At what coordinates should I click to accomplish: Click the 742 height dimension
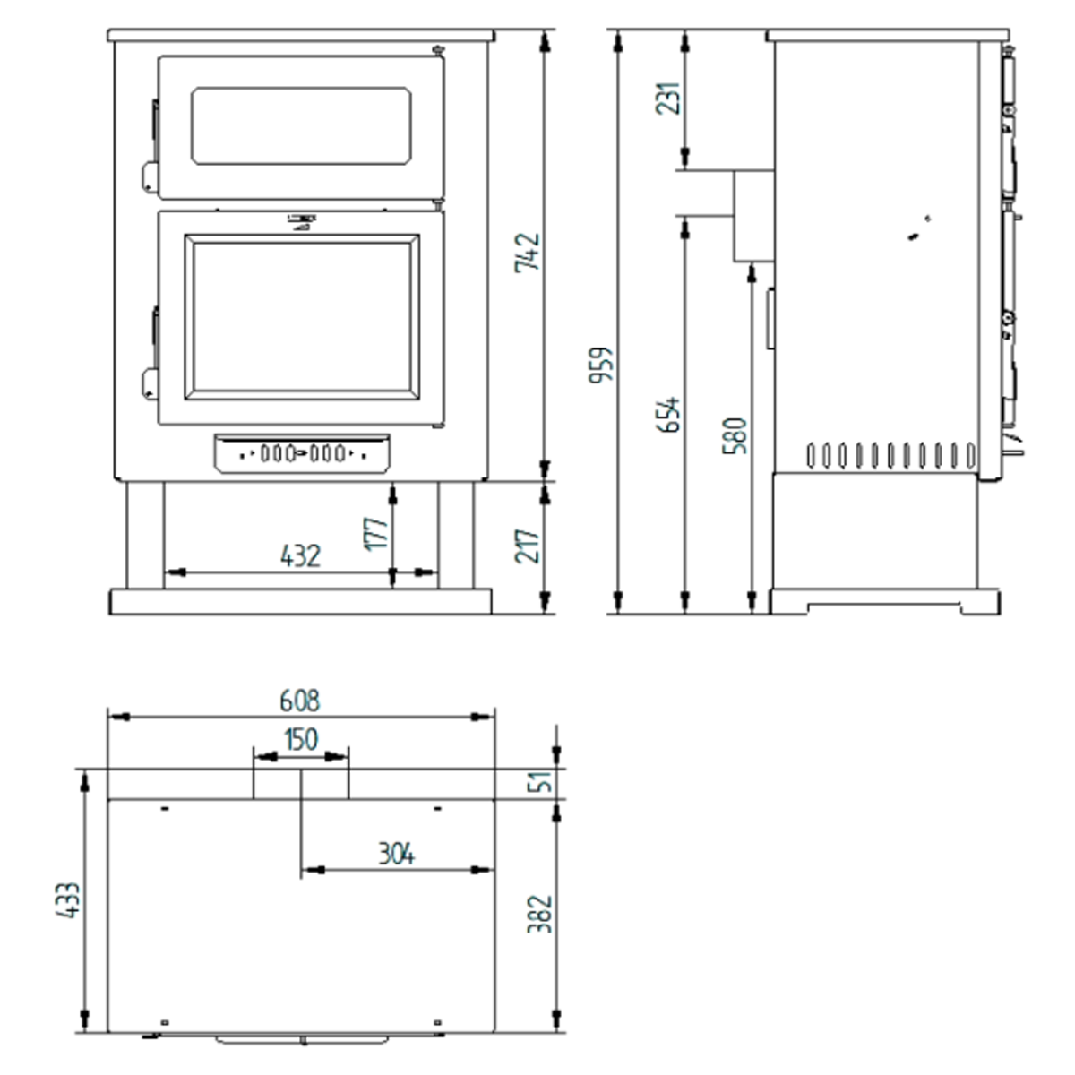click(x=529, y=253)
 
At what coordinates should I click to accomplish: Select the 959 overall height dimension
click(x=601, y=365)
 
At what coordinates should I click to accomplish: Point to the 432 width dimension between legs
click(x=300, y=556)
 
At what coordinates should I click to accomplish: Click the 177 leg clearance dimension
click(x=377, y=533)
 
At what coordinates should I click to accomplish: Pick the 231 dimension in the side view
click(x=669, y=99)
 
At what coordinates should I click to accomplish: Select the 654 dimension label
click(x=669, y=414)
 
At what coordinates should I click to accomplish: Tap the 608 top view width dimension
click(x=300, y=701)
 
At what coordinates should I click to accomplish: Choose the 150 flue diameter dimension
click(x=301, y=740)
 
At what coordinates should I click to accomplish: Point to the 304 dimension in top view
click(x=395, y=855)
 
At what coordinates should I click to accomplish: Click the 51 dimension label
click(x=541, y=781)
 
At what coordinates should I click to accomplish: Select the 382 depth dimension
click(x=540, y=914)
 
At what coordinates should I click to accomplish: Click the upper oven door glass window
click(x=301, y=126)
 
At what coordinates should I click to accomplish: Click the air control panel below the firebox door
click(x=302, y=453)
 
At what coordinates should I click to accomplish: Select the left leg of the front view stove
click(x=144, y=535)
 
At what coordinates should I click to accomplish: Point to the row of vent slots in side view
click(x=890, y=455)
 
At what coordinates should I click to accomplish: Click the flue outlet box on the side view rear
click(x=753, y=216)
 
